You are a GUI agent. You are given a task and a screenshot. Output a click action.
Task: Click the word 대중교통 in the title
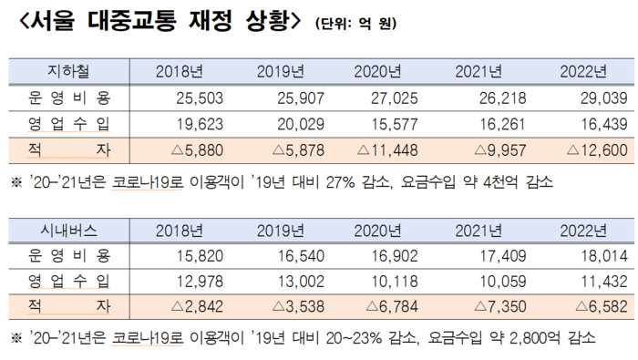131,20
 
